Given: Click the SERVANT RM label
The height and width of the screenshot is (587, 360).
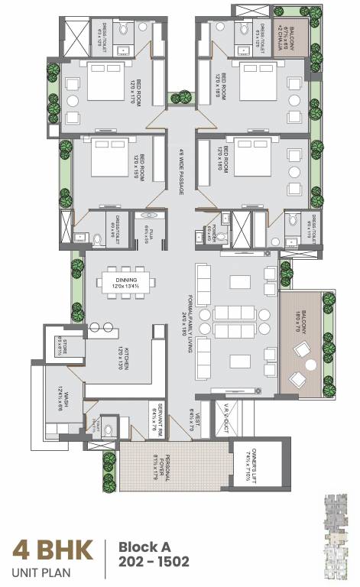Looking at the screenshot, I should (157, 416).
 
